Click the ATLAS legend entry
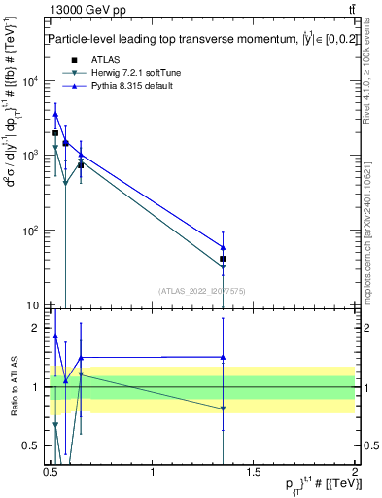point(104,60)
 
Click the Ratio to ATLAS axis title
point(14,387)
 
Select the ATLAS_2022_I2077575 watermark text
point(202,291)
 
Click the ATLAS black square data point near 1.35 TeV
point(224,259)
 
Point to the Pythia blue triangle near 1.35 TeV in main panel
point(224,247)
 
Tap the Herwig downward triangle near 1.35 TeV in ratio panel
point(224,409)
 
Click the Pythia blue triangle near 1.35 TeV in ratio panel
point(224,357)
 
